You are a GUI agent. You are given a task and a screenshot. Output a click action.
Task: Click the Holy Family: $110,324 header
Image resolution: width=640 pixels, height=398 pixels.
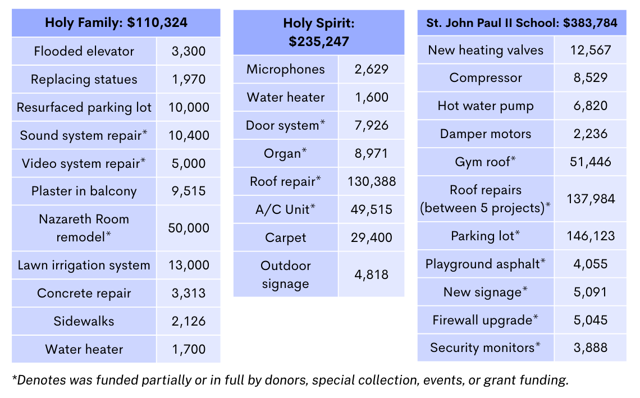[116, 23]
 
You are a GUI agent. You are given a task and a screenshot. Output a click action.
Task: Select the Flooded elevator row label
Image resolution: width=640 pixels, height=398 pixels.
[84, 52]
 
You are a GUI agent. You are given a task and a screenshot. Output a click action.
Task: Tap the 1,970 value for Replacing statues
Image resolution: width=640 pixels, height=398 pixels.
[189, 80]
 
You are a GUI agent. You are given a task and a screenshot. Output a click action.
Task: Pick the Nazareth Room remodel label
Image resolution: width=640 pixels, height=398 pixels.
[84, 228]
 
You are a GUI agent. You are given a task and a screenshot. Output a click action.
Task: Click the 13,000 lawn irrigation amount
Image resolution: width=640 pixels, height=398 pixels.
[189, 266]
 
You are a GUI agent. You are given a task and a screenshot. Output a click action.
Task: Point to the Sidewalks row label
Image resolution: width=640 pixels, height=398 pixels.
[84, 322]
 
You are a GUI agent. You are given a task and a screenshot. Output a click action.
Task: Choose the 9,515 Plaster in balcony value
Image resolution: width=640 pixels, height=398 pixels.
[189, 191]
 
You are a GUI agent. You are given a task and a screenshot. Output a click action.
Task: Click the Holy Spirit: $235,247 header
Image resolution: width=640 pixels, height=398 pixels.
[318, 32]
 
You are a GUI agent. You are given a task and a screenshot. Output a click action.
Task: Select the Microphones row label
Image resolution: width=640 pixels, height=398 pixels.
[286, 70]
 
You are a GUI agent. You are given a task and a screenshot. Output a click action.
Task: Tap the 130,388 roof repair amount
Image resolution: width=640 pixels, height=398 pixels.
[371, 181]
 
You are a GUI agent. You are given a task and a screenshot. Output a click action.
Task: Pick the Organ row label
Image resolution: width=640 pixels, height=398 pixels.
[286, 153]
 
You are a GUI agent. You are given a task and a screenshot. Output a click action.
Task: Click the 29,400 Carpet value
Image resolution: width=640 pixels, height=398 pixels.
[371, 237]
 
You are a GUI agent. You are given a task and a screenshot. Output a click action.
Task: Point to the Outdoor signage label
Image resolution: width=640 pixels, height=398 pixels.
[286, 275]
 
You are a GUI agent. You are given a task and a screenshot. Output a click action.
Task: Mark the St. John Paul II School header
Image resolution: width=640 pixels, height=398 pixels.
[522, 23]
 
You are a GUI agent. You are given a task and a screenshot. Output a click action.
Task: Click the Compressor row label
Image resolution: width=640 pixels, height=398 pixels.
[486, 78]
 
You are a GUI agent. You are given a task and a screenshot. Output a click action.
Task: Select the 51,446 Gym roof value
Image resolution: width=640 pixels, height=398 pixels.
[589, 162]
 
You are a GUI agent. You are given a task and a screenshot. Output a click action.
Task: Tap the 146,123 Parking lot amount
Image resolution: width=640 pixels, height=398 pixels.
[589, 236]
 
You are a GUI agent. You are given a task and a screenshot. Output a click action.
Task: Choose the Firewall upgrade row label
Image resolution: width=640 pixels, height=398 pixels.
[486, 320]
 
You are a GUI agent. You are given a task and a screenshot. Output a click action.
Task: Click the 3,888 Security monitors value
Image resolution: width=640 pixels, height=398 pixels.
[589, 348]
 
